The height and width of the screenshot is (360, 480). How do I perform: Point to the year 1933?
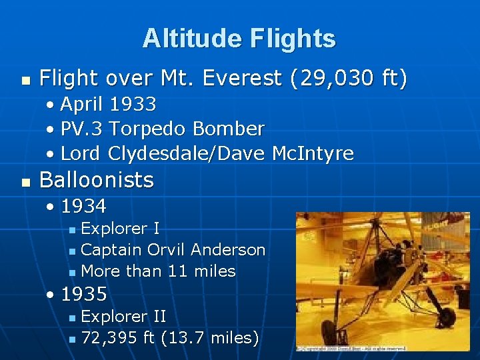point(133,105)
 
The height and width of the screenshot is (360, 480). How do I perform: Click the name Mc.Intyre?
point(313,153)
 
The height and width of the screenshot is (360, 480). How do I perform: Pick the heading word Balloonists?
point(97,180)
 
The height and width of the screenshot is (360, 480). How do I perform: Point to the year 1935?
point(83,293)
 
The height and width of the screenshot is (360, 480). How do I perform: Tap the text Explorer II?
point(123,316)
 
